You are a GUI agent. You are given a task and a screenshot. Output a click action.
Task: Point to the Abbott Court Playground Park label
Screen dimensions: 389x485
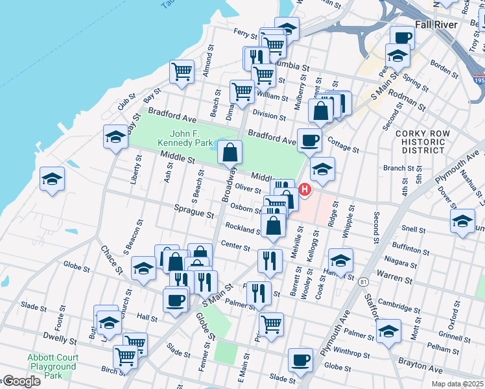pos(53,366)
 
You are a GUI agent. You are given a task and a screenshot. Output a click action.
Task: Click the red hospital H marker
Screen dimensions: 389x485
pos(303,189)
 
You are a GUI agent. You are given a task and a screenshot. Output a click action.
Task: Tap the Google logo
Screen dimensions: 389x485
pos(21,381)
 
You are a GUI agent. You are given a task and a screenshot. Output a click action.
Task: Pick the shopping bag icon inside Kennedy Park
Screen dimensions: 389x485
pos(230,153)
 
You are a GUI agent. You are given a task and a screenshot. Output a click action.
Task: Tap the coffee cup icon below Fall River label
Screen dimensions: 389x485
pos(402,37)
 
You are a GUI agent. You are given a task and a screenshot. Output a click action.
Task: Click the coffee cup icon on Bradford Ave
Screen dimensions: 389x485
pos(309,139)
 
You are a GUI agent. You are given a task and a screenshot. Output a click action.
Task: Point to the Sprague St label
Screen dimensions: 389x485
pos(194,212)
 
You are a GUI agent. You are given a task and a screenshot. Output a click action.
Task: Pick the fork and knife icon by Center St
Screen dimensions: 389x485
pos(270,261)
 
